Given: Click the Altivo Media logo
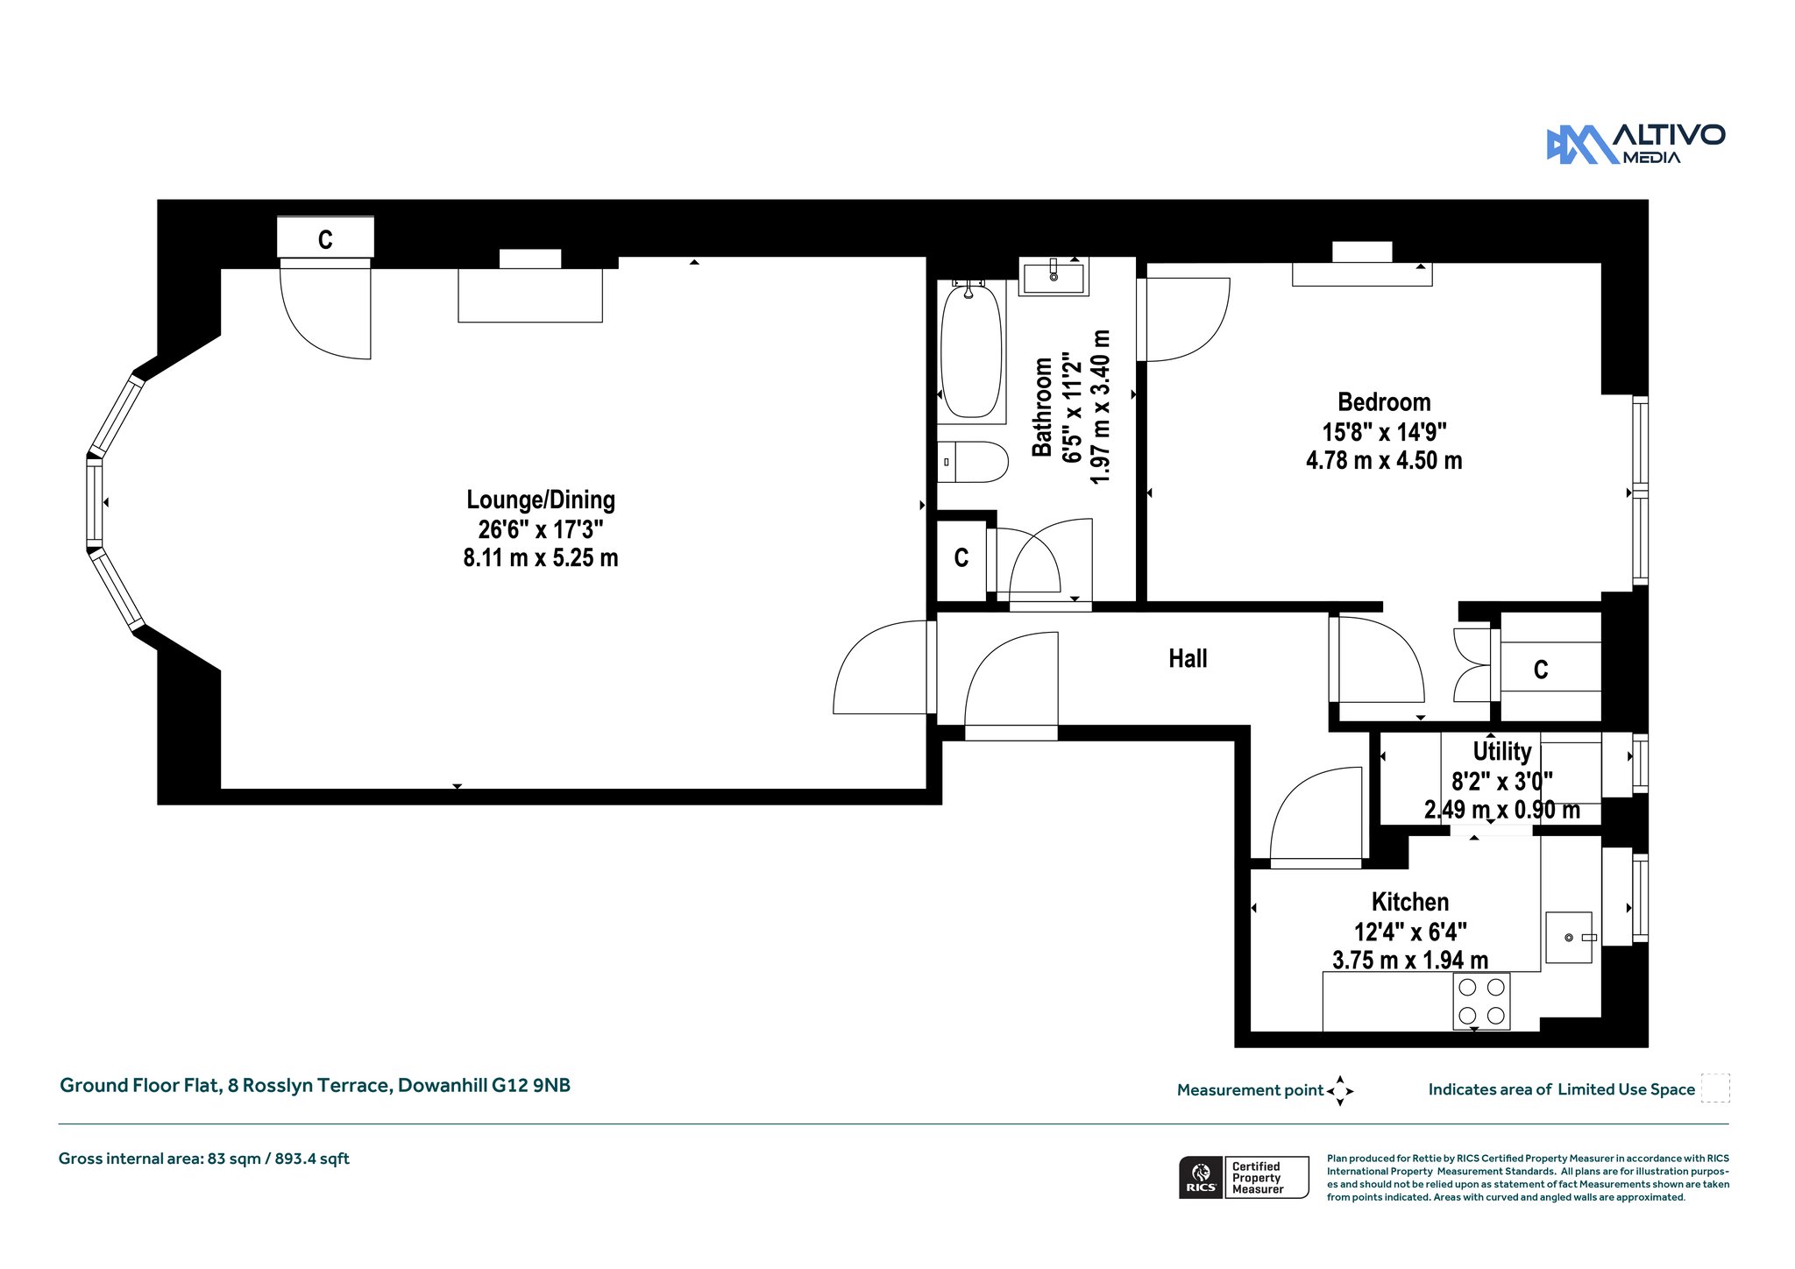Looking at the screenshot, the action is click(1635, 144).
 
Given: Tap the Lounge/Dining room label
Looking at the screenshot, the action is click(541, 500).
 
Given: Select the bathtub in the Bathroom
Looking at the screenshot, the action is click(970, 350).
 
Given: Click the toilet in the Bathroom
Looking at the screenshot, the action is click(973, 462).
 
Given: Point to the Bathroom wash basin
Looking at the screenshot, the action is click(1054, 277).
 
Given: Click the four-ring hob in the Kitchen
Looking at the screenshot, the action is click(1481, 1000).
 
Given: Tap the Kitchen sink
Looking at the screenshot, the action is click(1569, 938).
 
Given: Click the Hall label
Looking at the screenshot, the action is click(1188, 658).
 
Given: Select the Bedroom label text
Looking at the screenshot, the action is click(1384, 402).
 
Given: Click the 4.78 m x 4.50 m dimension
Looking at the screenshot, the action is click(1384, 460).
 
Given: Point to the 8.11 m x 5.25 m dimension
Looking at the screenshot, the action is click(541, 557).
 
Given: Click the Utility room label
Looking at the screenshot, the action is click(1502, 751).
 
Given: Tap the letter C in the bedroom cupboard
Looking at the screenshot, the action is click(1541, 670).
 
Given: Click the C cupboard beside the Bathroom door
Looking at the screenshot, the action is click(961, 559).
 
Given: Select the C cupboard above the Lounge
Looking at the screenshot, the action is click(325, 238).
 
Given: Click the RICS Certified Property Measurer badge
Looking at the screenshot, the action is click(1244, 1177).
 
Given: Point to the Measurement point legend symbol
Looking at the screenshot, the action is click(1340, 1091).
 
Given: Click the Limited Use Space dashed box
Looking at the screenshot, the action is click(1715, 1088).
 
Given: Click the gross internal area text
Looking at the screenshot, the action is click(204, 1159).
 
